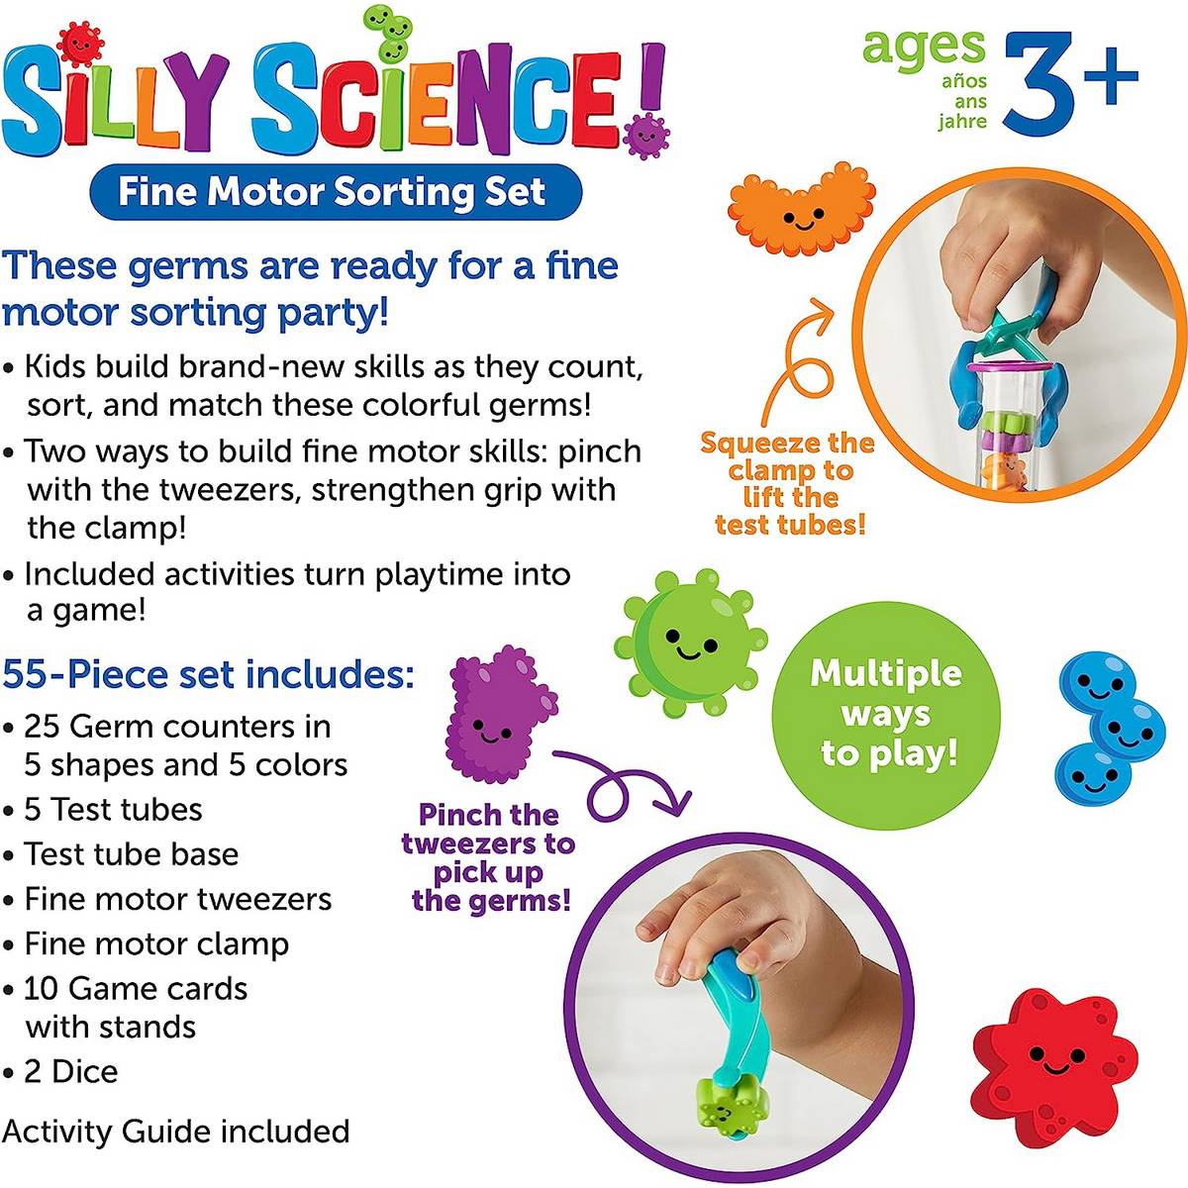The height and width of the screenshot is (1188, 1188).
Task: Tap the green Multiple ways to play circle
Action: click(885, 713)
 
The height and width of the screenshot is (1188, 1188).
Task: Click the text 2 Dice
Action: click(71, 1071)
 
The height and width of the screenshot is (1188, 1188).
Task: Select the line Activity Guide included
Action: click(176, 1131)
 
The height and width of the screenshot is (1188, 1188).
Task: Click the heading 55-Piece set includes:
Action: click(208, 674)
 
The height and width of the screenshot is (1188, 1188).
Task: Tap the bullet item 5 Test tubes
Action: click(113, 809)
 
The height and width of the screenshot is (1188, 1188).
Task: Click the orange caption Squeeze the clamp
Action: click(788, 483)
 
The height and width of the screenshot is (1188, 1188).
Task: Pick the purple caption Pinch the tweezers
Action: click(489, 857)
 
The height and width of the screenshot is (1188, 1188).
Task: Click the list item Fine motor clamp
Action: click(156, 943)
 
